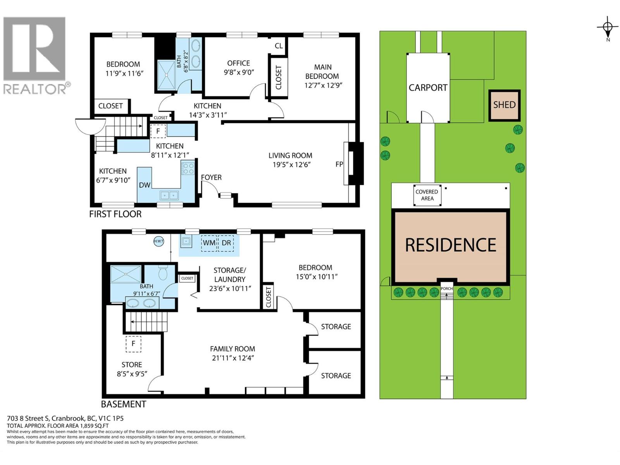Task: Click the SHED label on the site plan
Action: click(504, 105)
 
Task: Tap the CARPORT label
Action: click(428, 88)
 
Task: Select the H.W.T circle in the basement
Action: click(158, 241)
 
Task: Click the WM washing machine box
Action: click(209, 243)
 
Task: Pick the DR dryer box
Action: click(226, 243)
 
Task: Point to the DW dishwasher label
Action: click(145, 185)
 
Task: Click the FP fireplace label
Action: click(339, 164)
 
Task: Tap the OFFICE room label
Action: click(238, 63)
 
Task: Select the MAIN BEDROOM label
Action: click(322, 72)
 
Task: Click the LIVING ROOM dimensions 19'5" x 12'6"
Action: click(291, 165)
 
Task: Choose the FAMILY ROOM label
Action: click(232, 349)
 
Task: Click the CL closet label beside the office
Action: click(279, 46)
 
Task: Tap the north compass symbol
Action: click(607, 28)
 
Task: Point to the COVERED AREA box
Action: click(427, 195)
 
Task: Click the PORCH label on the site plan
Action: click(446, 289)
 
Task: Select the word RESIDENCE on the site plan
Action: click(451, 245)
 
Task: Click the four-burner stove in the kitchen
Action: click(188, 168)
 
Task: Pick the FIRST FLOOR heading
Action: click(115, 214)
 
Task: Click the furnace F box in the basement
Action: click(133, 344)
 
